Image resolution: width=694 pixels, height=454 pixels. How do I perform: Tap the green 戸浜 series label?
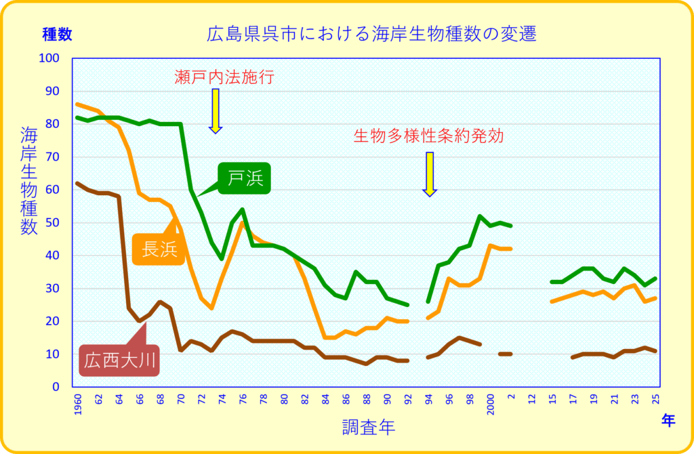pyautogui.click(x=245, y=178)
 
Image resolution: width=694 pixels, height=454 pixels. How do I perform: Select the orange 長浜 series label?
pyautogui.click(x=159, y=249)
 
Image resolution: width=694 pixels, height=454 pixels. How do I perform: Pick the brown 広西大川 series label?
pyautogui.click(x=120, y=360)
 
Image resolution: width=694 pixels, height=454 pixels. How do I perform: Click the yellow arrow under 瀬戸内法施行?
pyautogui.click(x=216, y=110)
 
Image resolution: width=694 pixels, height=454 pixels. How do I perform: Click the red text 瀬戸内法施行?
pyautogui.click(x=224, y=77)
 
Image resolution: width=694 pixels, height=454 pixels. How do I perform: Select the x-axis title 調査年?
pyautogui.click(x=368, y=427)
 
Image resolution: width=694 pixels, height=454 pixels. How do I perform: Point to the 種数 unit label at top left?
pyautogui.click(x=57, y=33)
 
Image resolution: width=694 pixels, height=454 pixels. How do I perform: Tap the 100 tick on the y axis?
pyautogui.click(x=52, y=58)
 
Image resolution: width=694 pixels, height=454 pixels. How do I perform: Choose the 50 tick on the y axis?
pyautogui.click(x=54, y=223)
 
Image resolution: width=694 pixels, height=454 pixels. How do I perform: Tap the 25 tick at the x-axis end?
pyautogui.click(x=655, y=400)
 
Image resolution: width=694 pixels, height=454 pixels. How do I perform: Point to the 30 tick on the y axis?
pyautogui.click(x=54, y=289)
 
